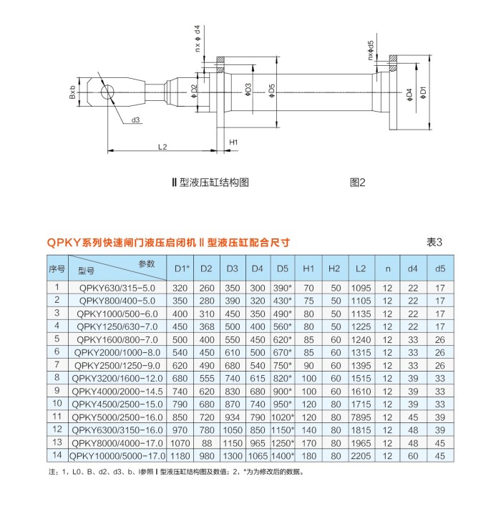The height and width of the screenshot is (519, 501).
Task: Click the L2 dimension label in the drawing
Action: point(162,147)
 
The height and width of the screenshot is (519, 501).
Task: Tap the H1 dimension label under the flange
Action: point(233,142)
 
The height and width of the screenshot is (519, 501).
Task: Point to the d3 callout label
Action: point(135,120)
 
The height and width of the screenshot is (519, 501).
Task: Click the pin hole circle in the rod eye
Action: point(107,92)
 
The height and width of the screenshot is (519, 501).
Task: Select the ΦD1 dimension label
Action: point(423,92)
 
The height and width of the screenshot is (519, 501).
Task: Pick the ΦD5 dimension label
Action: point(272,90)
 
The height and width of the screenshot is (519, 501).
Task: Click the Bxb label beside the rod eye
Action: point(72,92)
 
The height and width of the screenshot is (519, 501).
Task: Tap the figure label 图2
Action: point(357,183)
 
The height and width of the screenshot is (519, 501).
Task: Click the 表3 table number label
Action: point(434,242)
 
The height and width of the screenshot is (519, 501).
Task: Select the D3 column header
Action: point(233,268)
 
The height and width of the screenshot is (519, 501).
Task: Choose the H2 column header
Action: point(334,268)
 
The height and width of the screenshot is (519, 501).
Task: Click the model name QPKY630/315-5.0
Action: point(117,288)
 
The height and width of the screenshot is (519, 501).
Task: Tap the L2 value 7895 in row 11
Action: point(361,417)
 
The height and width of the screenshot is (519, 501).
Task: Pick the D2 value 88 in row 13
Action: point(207,443)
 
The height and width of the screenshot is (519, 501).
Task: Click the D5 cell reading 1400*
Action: point(283,456)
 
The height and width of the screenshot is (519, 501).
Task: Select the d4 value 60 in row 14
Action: point(413,456)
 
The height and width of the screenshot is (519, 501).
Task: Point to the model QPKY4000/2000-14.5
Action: point(117,392)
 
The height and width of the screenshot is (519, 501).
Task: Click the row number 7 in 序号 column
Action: point(57,365)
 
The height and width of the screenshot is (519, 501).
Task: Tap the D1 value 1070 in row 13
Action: point(180,443)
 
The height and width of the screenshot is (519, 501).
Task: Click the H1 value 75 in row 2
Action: point(308,301)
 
